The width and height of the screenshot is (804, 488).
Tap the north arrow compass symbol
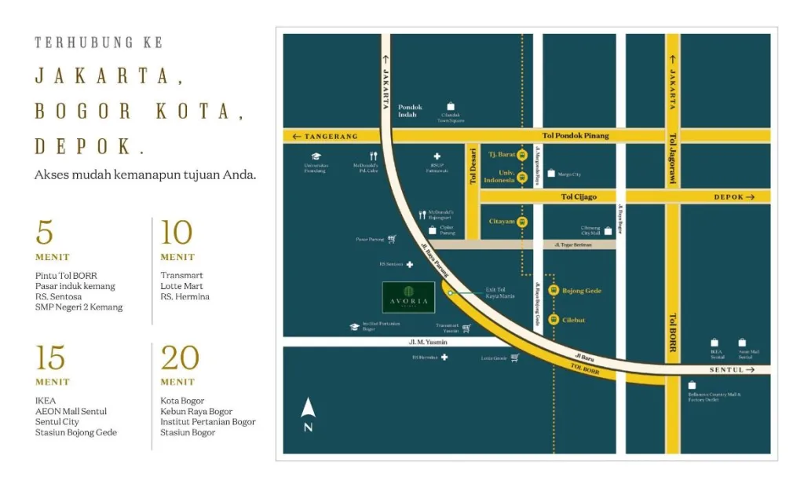coord(308,414)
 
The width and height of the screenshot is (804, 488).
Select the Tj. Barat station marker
coord(522,155)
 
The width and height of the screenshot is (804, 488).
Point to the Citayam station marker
coord(522,222)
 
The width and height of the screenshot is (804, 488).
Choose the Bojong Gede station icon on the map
coord(553,291)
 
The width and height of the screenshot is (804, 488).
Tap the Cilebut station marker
coord(553,320)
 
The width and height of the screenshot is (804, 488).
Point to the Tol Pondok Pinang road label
coord(576,136)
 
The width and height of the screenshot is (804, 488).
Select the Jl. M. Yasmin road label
coord(428,342)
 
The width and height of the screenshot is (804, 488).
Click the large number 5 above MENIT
coord(45,233)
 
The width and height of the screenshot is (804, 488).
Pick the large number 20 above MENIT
coord(180,358)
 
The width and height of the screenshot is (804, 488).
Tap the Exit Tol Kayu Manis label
coord(499,293)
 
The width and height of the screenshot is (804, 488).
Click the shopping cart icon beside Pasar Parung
coord(391,239)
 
